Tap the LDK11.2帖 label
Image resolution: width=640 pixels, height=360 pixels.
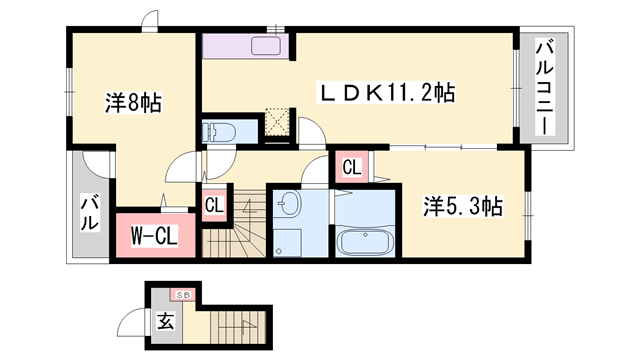point(388,93)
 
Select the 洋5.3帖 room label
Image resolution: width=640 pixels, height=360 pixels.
point(463,207)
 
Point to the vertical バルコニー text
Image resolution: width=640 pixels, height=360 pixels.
point(545,89)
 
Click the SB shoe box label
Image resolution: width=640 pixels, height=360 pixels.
point(183,295)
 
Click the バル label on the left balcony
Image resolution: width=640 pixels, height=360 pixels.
point(88,214)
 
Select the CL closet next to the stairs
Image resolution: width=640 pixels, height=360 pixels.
point(214,206)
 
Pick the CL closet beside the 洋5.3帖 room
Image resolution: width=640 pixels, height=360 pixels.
point(352,167)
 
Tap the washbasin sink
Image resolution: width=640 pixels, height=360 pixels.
point(287,205)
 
